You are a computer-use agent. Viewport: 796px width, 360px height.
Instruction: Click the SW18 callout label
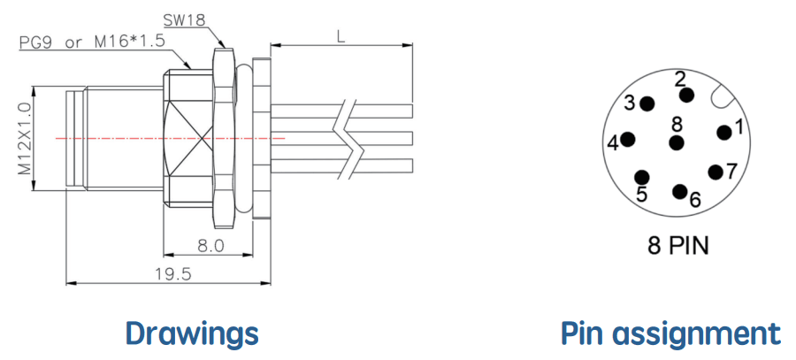click(x=184, y=21)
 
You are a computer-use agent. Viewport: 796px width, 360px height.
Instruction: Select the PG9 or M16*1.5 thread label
click(x=92, y=42)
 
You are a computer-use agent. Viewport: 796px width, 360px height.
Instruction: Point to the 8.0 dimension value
click(x=210, y=246)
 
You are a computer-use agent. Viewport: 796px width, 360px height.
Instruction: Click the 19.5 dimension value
click(x=173, y=274)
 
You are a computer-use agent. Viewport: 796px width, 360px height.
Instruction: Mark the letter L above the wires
click(x=342, y=37)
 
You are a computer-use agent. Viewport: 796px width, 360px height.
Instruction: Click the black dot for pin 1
click(x=723, y=132)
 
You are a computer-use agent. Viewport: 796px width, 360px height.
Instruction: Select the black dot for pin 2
click(x=687, y=95)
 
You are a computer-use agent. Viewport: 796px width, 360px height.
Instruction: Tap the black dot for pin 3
click(x=647, y=104)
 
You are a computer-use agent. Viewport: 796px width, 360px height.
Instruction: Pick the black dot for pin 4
click(x=629, y=139)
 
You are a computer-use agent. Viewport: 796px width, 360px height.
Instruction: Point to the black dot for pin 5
click(x=642, y=177)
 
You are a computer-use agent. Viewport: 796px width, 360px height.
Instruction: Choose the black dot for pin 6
click(x=680, y=191)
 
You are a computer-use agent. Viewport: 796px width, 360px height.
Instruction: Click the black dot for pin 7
click(x=716, y=172)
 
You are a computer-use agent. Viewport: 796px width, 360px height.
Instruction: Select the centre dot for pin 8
click(x=677, y=142)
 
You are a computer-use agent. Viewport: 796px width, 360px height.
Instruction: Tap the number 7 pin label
click(x=731, y=171)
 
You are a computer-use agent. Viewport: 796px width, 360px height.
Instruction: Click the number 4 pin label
click(x=613, y=144)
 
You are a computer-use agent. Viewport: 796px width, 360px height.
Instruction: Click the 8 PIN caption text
click(x=677, y=246)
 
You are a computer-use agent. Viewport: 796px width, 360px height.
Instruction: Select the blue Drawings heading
click(x=192, y=334)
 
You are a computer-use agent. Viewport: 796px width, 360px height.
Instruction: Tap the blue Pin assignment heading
click(x=670, y=334)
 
